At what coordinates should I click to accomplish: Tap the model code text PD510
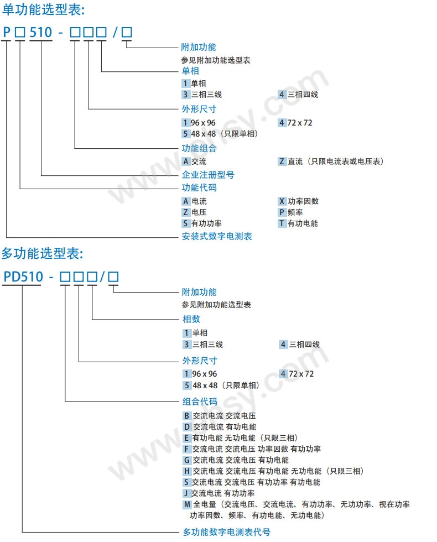[23, 277]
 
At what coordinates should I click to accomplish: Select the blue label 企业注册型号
[208, 175]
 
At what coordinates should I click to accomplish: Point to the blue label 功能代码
[199, 187]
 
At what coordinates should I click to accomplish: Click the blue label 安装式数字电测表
[217, 236]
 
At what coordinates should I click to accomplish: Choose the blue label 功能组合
[199, 148]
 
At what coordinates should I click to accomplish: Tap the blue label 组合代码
[200, 402]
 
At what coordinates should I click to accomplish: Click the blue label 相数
[191, 319]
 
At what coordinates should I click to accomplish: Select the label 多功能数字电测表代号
[226, 532]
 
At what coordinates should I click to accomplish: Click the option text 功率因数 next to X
[303, 201]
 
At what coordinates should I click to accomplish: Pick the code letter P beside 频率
[282, 212]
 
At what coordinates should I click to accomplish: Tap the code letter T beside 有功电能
[282, 223]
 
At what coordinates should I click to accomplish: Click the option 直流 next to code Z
[295, 161]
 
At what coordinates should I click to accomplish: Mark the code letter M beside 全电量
[187, 504]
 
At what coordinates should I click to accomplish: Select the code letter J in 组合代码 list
[186, 493]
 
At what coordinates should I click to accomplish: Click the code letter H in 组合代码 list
[187, 471]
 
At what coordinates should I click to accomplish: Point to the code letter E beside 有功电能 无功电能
[186, 438]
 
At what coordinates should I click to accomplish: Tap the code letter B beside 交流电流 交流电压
[187, 416]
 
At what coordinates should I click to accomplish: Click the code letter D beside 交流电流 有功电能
[187, 427]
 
